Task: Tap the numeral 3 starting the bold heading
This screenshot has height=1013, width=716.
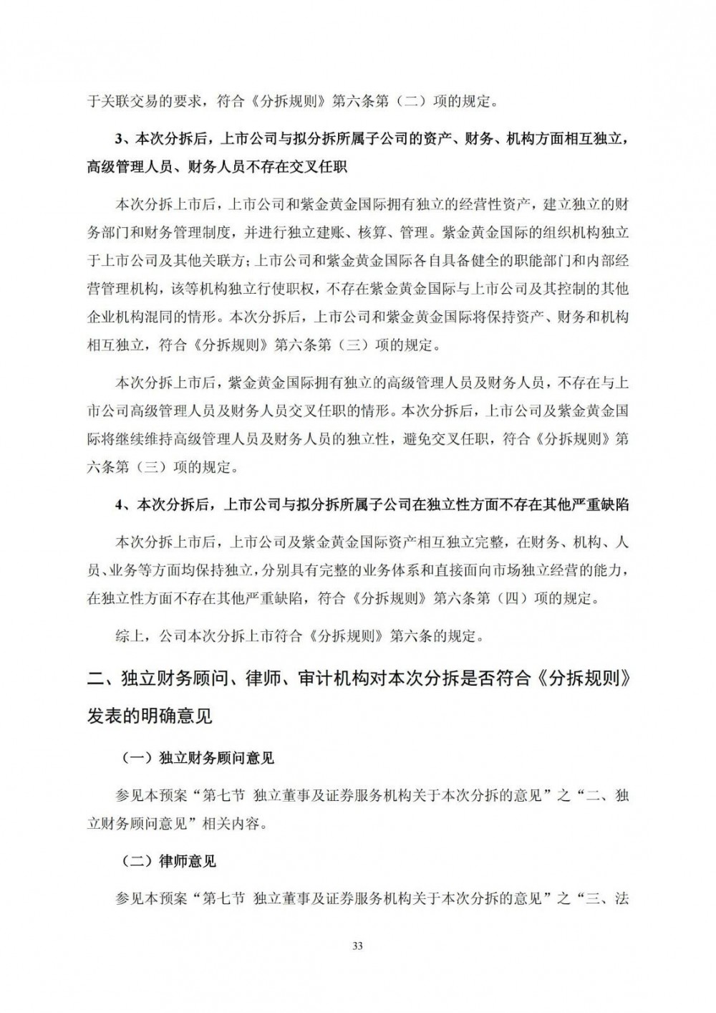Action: pyautogui.click(x=120, y=138)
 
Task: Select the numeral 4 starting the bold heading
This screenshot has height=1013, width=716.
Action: pyautogui.click(x=120, y=505)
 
